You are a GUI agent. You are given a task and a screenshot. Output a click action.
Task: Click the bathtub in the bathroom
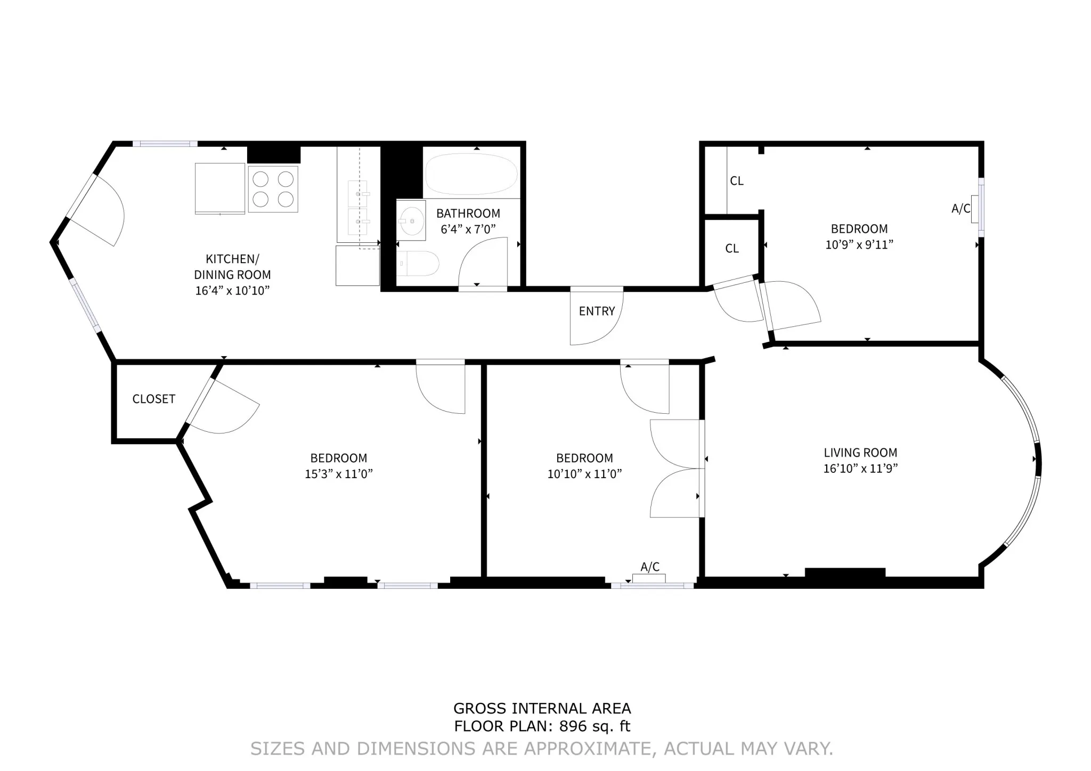[x=471, y=174]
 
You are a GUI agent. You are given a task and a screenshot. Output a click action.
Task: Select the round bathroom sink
[x=411, y=220]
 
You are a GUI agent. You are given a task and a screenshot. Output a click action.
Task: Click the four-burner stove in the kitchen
[x=273, y=188]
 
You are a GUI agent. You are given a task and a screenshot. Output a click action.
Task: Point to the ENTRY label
[x=597, y=311]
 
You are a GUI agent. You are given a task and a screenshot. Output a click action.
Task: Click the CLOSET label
[x=153, y=399]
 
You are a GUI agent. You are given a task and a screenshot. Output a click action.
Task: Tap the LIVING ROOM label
[x=860, y=453]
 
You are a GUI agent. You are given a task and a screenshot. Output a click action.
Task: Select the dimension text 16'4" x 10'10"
[x=232, y=291]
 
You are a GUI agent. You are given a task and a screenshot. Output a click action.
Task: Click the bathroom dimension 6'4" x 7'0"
[x=468, y=229]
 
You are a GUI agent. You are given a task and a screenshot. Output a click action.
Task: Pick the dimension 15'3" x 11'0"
[x=338, y=474]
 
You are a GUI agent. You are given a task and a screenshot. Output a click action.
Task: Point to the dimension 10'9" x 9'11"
[x=859, y=245]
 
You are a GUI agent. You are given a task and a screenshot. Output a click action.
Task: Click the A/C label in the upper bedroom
[x=960, y=209]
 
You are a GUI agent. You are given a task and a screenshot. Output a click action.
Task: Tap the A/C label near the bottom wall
[x=649, y=567]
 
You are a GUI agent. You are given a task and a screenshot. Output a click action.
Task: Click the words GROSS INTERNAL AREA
[x=542, y=709]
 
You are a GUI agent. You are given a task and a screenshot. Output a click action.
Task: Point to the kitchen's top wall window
[x=165, y=144]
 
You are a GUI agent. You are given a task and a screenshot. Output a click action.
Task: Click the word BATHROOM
[x=468, y=214]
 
